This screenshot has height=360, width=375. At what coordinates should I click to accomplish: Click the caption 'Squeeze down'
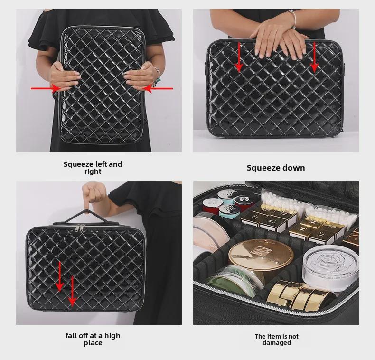[276, 168]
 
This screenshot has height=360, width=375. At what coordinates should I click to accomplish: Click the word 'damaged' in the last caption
[276, 343]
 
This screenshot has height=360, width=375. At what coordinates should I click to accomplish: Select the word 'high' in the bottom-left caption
[112, 336]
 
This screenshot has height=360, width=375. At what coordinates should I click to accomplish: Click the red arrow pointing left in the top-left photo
[158, 88]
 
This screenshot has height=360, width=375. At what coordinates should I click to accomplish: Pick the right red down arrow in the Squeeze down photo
[314, 57]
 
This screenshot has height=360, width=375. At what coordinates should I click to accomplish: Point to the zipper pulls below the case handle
[80, 229]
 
